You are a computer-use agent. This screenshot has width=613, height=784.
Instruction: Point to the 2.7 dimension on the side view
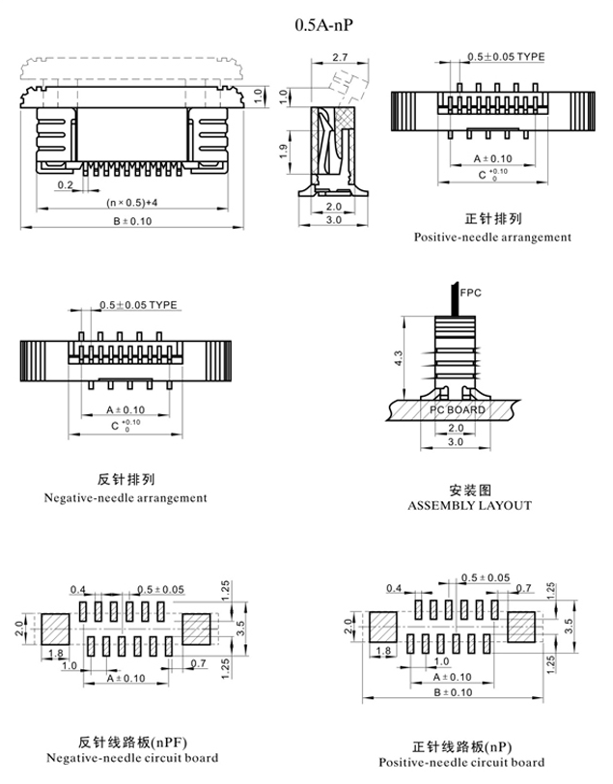[339, 59]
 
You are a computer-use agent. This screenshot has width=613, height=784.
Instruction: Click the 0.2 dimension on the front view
[66, 183]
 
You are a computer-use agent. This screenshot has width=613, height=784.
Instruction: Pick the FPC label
[471, 292]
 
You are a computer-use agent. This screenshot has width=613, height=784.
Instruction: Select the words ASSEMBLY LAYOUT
[469, 505]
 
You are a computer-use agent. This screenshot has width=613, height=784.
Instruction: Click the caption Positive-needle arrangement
[492, 237]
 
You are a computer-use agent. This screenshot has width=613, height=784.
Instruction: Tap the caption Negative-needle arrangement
[125, 498]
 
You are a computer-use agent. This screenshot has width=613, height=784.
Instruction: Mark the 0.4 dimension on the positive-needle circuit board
[394, 588]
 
